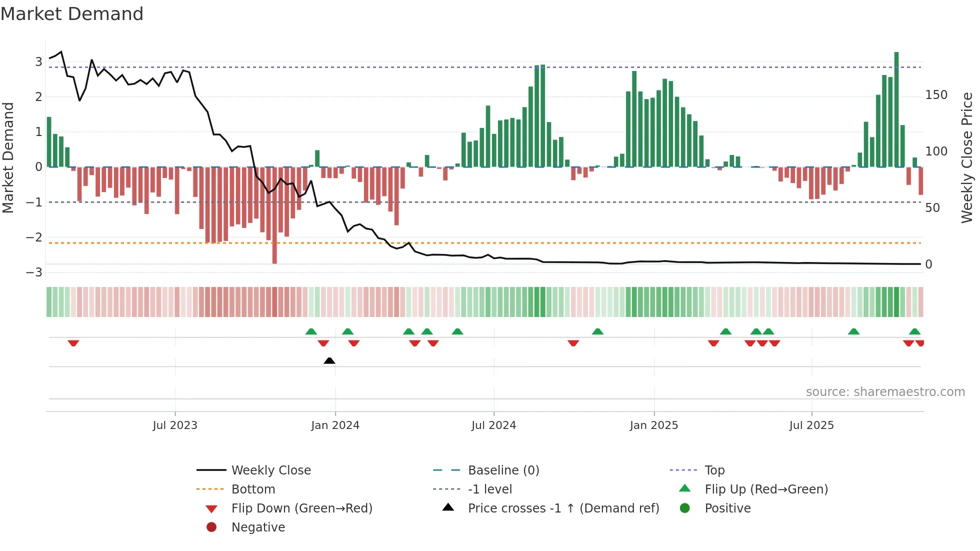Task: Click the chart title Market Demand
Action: (72, 14)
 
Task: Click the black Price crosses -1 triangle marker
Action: (329, 360)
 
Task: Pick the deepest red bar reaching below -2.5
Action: (274, 215)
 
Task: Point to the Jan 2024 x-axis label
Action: (335, 425)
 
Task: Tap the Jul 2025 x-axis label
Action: (811, 425)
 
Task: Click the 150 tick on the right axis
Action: (936, 95)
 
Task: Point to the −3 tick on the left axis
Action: (34, 272)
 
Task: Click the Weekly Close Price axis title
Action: (967, 157)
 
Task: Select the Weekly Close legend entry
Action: (270, 470)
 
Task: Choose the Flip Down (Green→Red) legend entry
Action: (301, 508)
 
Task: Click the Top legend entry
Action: (714, 470)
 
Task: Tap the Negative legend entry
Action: (258, 527)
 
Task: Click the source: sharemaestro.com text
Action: (885, 392)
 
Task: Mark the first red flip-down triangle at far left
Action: (73, 343)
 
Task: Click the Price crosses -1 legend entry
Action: (563, 508)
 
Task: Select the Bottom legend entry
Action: (253, 489)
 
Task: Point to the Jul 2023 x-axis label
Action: (175, 425)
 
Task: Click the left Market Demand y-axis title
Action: (8, 157)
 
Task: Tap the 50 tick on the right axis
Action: (932, 208)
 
